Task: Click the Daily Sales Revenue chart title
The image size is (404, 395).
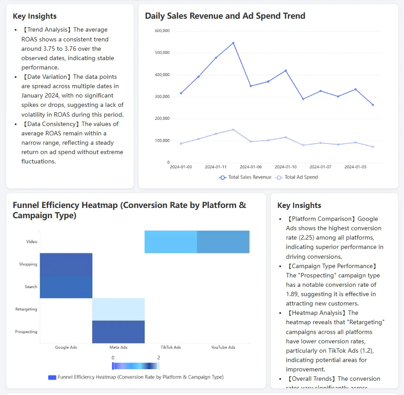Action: click(x=225, y=16)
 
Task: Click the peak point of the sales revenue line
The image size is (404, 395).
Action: click(x=233, y=43)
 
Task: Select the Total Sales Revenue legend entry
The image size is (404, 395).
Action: click(x=245, y=177)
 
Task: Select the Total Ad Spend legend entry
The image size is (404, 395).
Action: click(x=297, y=177)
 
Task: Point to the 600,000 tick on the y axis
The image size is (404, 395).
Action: click(x=162, y=31)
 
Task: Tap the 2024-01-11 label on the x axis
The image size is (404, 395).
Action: click(x=216, y=167)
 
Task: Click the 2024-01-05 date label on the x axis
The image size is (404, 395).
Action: click(x=355, y=167)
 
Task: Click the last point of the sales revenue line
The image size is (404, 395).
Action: click(x=373, y=105)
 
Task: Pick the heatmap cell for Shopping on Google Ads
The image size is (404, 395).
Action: click(x=66, y=264)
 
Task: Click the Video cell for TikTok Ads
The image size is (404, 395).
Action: click(x=171, y=242)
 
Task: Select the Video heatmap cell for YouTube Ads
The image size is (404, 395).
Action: click(x=223, y=242)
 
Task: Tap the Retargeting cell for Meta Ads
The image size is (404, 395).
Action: click(x=118, y=309)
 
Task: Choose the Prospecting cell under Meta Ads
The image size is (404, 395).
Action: click(x=118, y=332)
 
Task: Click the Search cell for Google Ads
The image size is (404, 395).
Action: click(x=66, y=287)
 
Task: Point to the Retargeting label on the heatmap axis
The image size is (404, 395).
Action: click(x=26, y=309)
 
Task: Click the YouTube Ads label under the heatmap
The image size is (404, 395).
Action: click(x=223, y=347)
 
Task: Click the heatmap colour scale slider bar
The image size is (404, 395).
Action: click(x=136, y=366)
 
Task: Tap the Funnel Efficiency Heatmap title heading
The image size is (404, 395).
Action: click(x=129, y=210)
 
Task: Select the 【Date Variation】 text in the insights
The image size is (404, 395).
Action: click(x=47, y=77)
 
